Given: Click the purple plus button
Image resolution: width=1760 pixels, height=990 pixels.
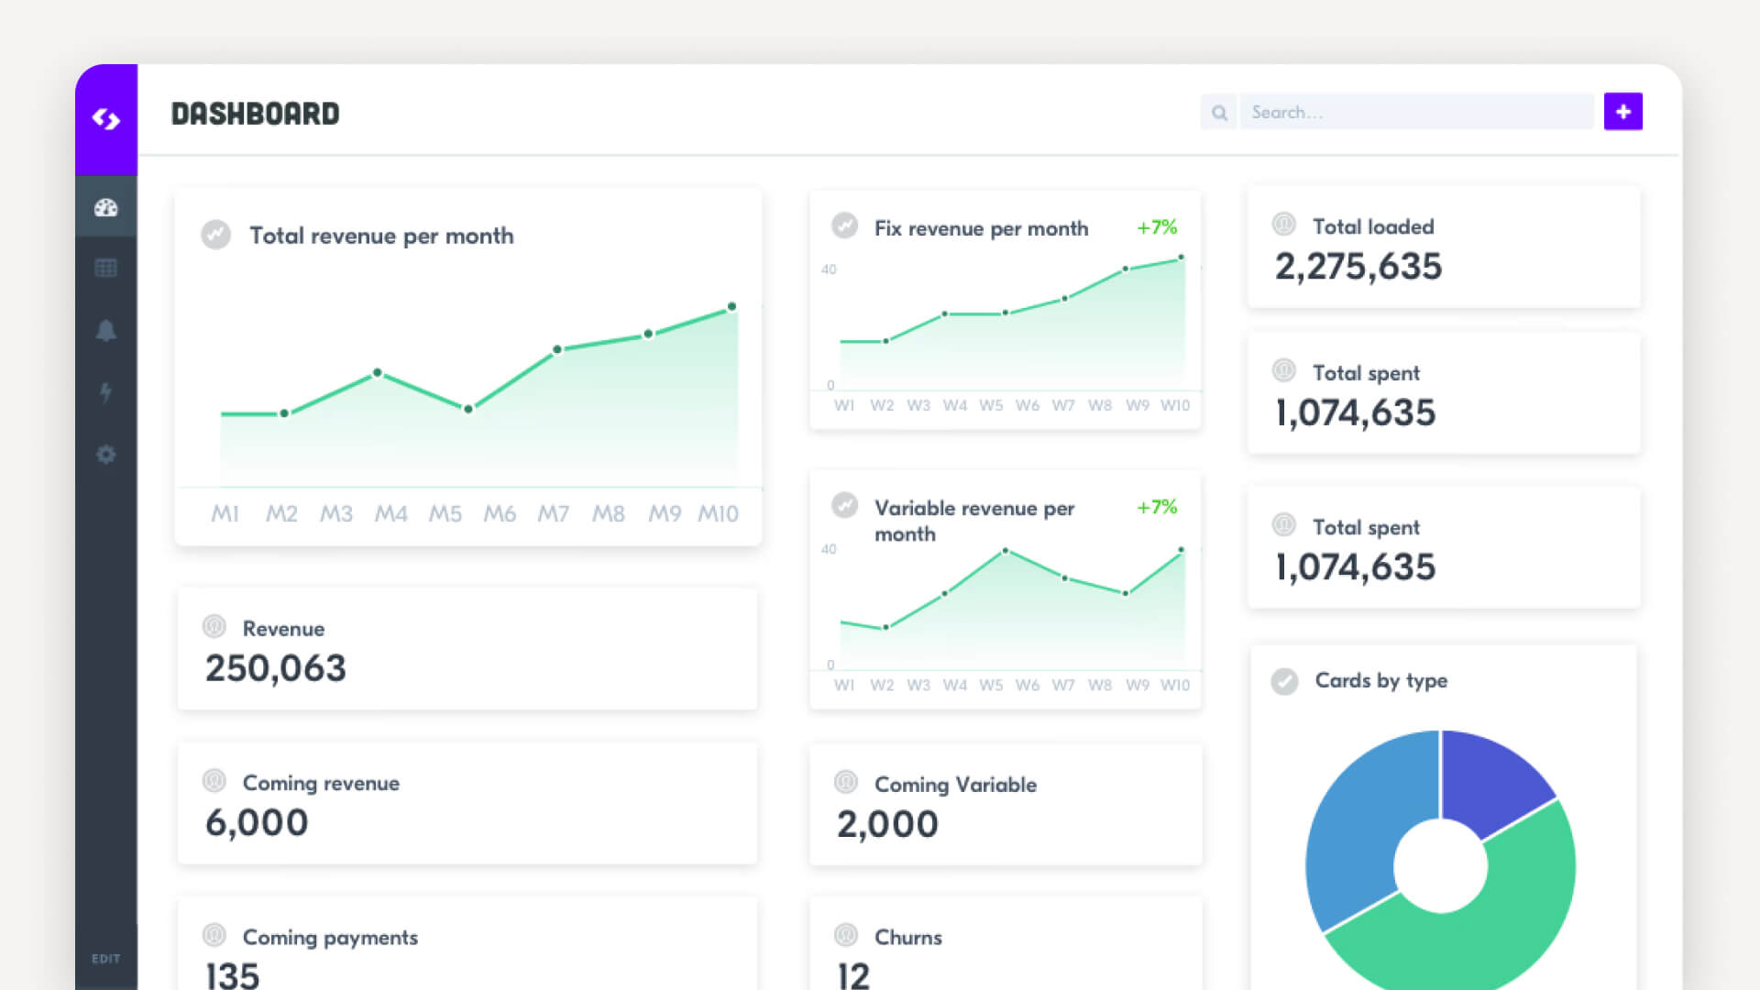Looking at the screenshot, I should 1622,112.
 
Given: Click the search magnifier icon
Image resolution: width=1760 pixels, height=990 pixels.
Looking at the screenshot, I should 1218,113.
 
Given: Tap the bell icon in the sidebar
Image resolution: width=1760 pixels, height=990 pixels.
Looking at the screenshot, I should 106,330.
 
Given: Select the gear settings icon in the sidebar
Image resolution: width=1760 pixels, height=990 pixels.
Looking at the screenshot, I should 106,454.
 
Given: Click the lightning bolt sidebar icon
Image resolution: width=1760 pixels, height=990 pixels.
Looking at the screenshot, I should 106,392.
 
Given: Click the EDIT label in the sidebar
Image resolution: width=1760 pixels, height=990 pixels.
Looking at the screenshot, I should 105,959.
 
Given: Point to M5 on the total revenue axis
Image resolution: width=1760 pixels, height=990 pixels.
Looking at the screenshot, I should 445,514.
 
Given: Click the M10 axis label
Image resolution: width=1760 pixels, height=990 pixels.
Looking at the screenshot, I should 718,514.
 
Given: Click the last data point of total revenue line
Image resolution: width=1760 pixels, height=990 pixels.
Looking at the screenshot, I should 731,306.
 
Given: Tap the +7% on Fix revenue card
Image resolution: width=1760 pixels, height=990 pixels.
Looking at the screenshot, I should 1157,227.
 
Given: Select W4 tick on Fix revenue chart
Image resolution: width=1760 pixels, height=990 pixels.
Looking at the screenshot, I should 954,405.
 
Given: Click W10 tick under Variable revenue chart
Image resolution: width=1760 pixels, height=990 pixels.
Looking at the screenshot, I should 1174,685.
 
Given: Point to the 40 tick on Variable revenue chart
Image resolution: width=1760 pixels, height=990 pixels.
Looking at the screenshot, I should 829,549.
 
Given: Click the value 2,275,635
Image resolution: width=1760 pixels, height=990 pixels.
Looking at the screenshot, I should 1358,267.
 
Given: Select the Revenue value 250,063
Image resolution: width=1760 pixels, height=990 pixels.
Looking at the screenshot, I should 275,668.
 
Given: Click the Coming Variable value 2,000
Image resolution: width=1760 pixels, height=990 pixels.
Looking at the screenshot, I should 887,824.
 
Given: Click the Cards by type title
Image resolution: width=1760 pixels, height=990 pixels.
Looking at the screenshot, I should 1380,680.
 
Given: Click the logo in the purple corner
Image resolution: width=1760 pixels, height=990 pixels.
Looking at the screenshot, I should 106,119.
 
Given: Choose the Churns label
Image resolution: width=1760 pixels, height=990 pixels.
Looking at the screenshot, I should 907,937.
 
